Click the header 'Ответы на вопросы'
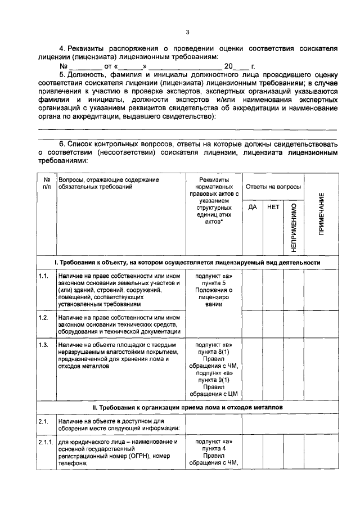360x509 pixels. pos(272,187)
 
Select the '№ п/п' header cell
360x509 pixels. pos(46,183)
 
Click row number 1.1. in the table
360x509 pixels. pos(44,276)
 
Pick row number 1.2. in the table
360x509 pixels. pos(44,318)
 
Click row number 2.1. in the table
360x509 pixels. pos(44,421)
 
